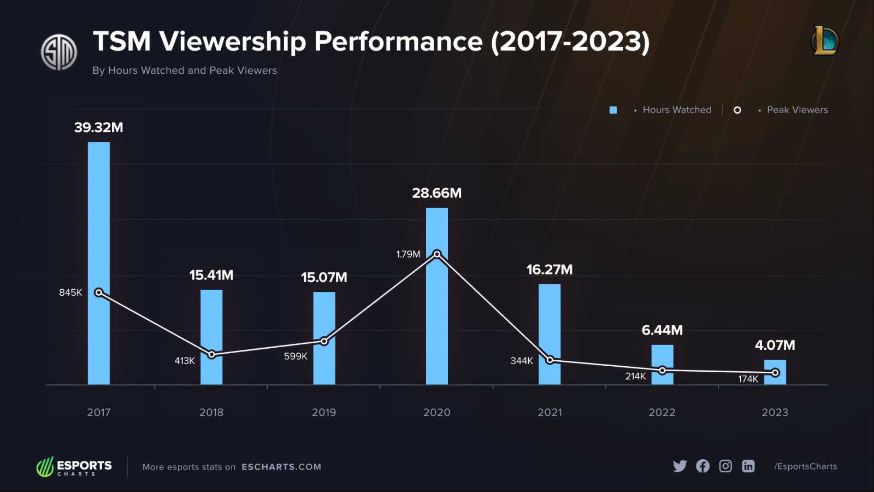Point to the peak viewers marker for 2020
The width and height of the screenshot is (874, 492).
coord(437,254)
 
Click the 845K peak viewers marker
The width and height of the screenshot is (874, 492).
coord(99,292)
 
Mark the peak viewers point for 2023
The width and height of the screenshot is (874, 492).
coord(775,373)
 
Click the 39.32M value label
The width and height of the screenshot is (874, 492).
coord(99,127)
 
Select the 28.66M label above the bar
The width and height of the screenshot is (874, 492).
coord(437,193)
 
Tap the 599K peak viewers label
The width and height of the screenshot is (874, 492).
coord(296,356)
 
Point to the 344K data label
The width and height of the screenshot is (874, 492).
coord(522,361)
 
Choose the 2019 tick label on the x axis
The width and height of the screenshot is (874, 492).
coord(324,412)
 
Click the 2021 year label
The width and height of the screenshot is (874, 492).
coord(550,412)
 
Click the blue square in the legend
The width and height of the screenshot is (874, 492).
coord(613,110)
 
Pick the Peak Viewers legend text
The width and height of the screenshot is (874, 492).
coord(797,110)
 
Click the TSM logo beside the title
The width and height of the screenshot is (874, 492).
coord(59,52)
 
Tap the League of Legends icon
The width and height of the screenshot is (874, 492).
coord(825,41)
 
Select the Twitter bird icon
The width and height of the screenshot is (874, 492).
coord(680,466)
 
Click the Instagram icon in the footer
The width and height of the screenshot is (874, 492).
coord(725,466)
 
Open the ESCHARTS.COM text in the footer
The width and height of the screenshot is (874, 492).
coord(281,467)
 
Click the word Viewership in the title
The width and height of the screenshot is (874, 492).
coord(232,42)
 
